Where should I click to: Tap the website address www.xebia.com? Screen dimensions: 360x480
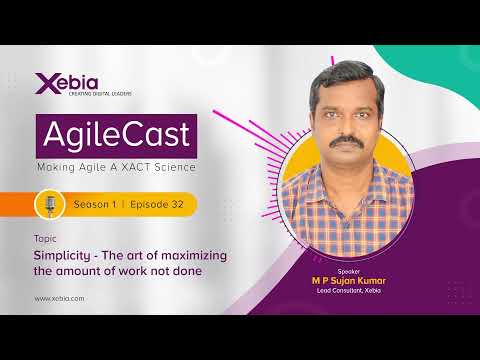tap(59, 298)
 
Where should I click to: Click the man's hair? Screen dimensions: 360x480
tap(345, 72)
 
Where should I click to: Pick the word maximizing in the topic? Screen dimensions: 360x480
tap(192, 256)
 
